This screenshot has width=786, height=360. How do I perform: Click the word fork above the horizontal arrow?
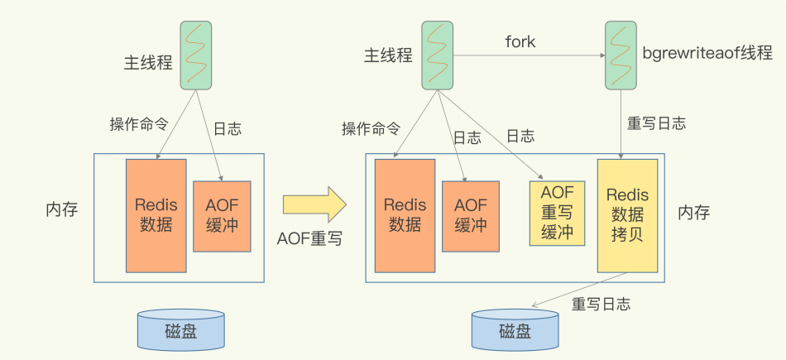pos(520,41)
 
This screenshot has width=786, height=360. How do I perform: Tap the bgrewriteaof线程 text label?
pos(707,54)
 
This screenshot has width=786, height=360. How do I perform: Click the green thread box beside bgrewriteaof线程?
pos(620,55)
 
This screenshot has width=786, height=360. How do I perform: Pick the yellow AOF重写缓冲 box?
pos(557,213)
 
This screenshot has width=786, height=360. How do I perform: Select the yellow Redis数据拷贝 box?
pos(627,215)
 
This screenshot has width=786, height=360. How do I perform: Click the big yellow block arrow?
pos(314,204)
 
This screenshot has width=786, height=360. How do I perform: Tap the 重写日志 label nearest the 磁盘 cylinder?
pos(601,304)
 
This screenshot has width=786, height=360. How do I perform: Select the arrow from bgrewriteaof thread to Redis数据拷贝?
pos(621,124)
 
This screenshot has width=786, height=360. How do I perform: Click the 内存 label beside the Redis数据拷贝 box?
pos(693,214)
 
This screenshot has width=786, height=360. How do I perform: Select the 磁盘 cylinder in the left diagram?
pos(180,329)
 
